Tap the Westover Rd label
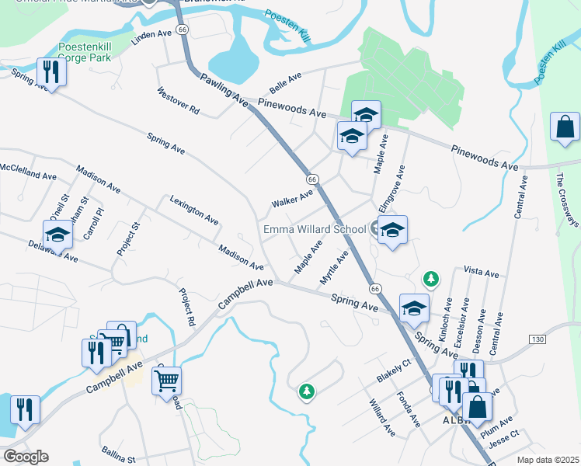pyautogui.click(x=178, y=101)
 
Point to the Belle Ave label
pyautogui.click(x=284, y=82)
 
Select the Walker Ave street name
pyautogui.click(x=291, y=198)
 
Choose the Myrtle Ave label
pyautogui.click(x=334, y=267)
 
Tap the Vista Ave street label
pyautogui.click(x=481, y=273)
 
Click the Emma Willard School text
pyautogui.click(x=315, y=229)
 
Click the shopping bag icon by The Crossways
pyautogui.click(x=565, y=127)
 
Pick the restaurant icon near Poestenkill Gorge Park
pyautogui.click(x=51, y=72)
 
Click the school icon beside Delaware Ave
pyautogui.click(x=57, y=234)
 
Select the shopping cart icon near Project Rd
pyautogui.click(x=167, y=381)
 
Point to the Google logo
pyautogui.click(x=26, y=457)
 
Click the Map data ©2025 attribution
pyautogui.click(x=547, y=460)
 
